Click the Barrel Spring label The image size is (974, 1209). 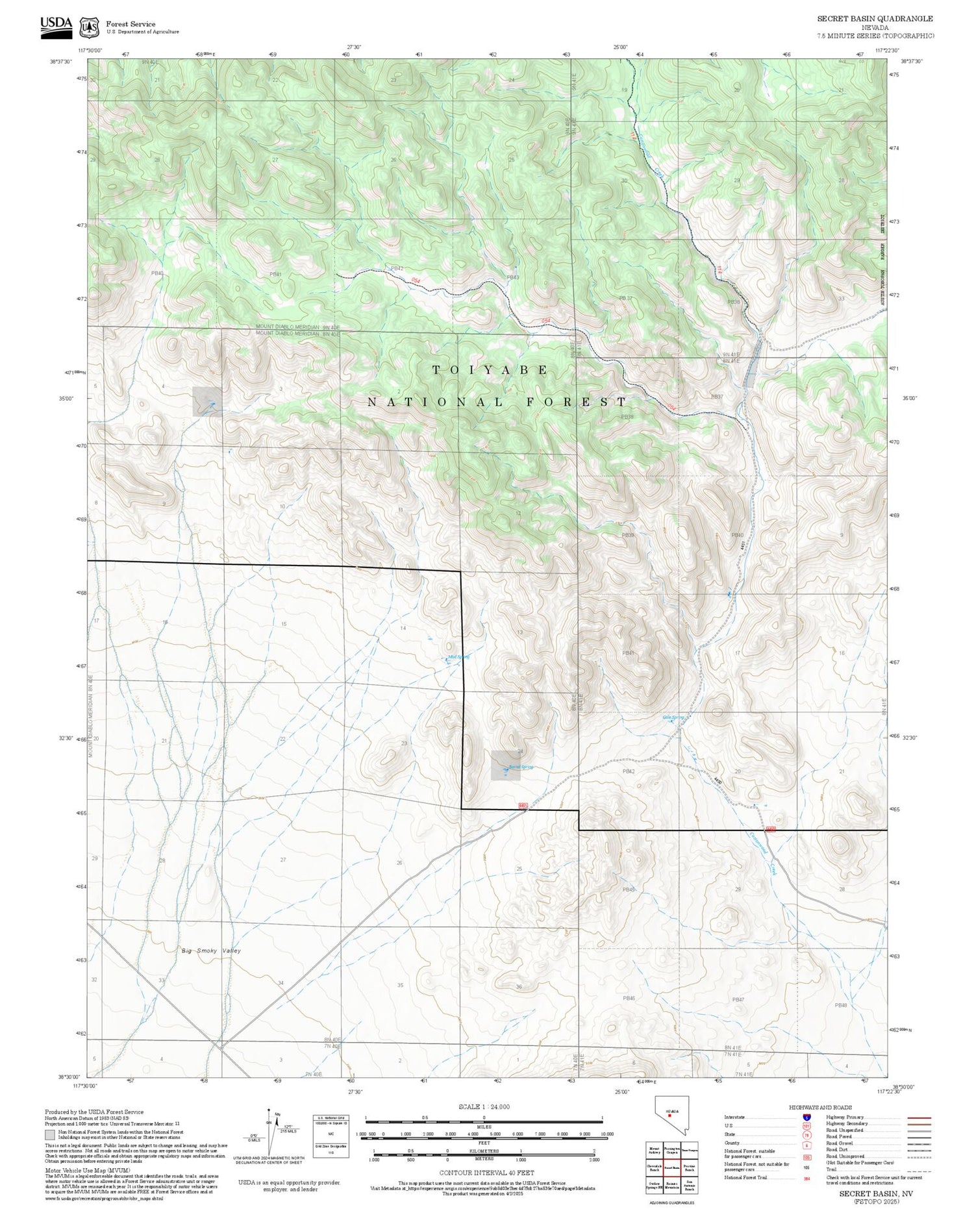pyautogui.click(x=520, y=767)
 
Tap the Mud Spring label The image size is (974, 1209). pyautogui.click(x=458, y=657)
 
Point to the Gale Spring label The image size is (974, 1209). pyautogui.click(x=673, y=717)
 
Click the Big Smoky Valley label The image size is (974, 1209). pyautogui.click(x=211, y=951)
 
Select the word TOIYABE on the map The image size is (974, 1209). pyautogui.click(x=491, y=370)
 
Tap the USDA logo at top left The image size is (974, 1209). pyautogui.click(x=56, y=27)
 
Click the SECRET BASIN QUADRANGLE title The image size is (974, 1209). pyautogui.click(x=874, y=19)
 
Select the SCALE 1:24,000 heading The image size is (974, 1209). pyautogui.click(x=484, y=1106)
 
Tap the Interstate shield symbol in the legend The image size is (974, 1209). pyautogui.click(x=806, y=1117)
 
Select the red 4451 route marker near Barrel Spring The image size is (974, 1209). pyautogui.click(x=523, y=806)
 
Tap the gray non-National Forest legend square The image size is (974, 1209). pyautogui.click(x=50, y=1135)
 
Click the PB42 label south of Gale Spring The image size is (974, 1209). pyautogui.click(x=628, y=771)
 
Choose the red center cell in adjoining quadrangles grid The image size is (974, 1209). pyautogui.click(x=671, y=1167)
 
